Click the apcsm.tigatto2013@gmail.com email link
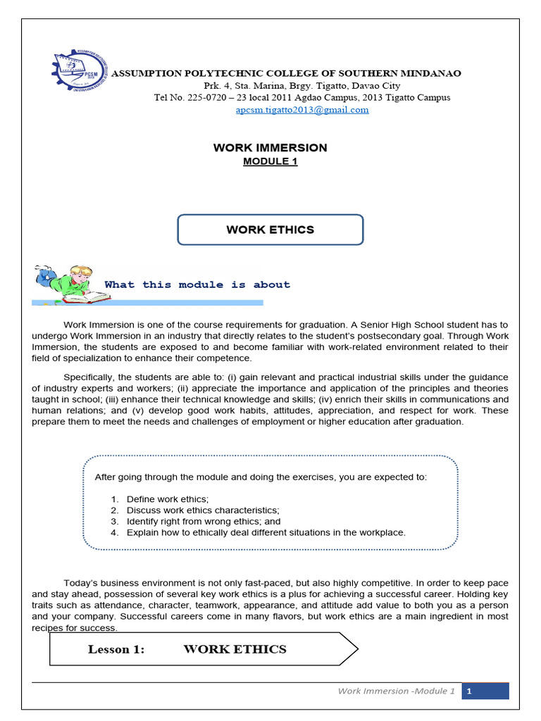tap(302, 110)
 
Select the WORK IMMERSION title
tap(270, 148)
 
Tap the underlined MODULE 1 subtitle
tap(270, 161)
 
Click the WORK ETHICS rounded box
tap(270, 230)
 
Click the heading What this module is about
tap(197, 284)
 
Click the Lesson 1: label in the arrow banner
tap(116, 649)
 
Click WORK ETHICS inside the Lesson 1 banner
tap(235, 649)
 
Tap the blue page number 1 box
tap(485, 691)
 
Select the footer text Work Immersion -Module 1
tap(397, 691)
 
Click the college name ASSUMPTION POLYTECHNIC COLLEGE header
tap(287, 74)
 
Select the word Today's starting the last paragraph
tap(82, 582)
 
